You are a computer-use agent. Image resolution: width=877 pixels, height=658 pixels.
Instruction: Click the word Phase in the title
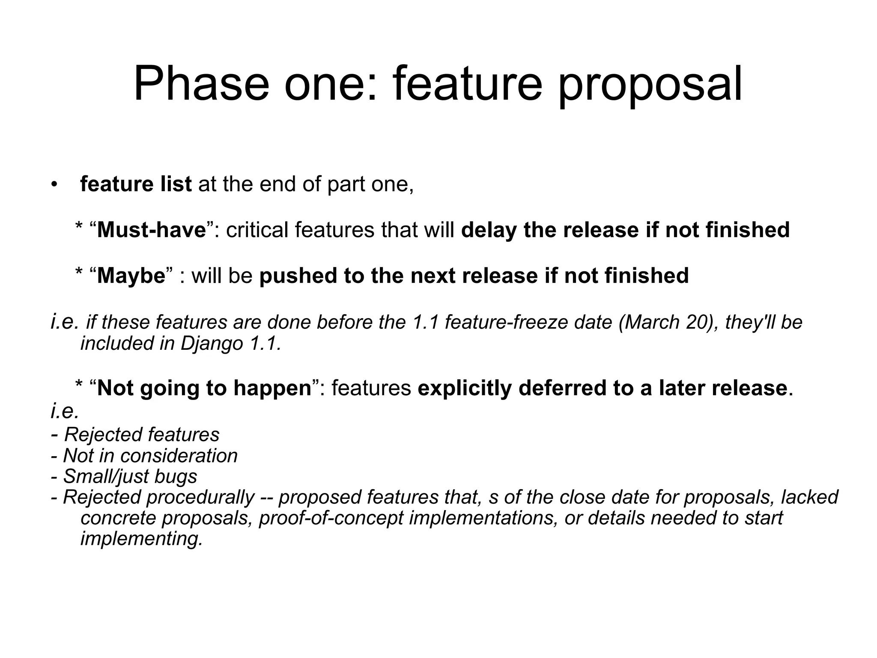[x=202, y=84]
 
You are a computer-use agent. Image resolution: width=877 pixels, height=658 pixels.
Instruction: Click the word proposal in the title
[x=650, y=85]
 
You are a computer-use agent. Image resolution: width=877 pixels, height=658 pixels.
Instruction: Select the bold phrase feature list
[x=136, y=184]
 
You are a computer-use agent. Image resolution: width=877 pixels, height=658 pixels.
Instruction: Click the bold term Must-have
[x=152, y=230]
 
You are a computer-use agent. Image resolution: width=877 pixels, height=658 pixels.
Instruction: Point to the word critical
[x=257, y=230]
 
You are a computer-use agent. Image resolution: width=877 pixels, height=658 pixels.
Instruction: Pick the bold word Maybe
[x=131, y=276]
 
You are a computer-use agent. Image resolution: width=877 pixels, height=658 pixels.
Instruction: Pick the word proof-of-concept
[x=331, y=518]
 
